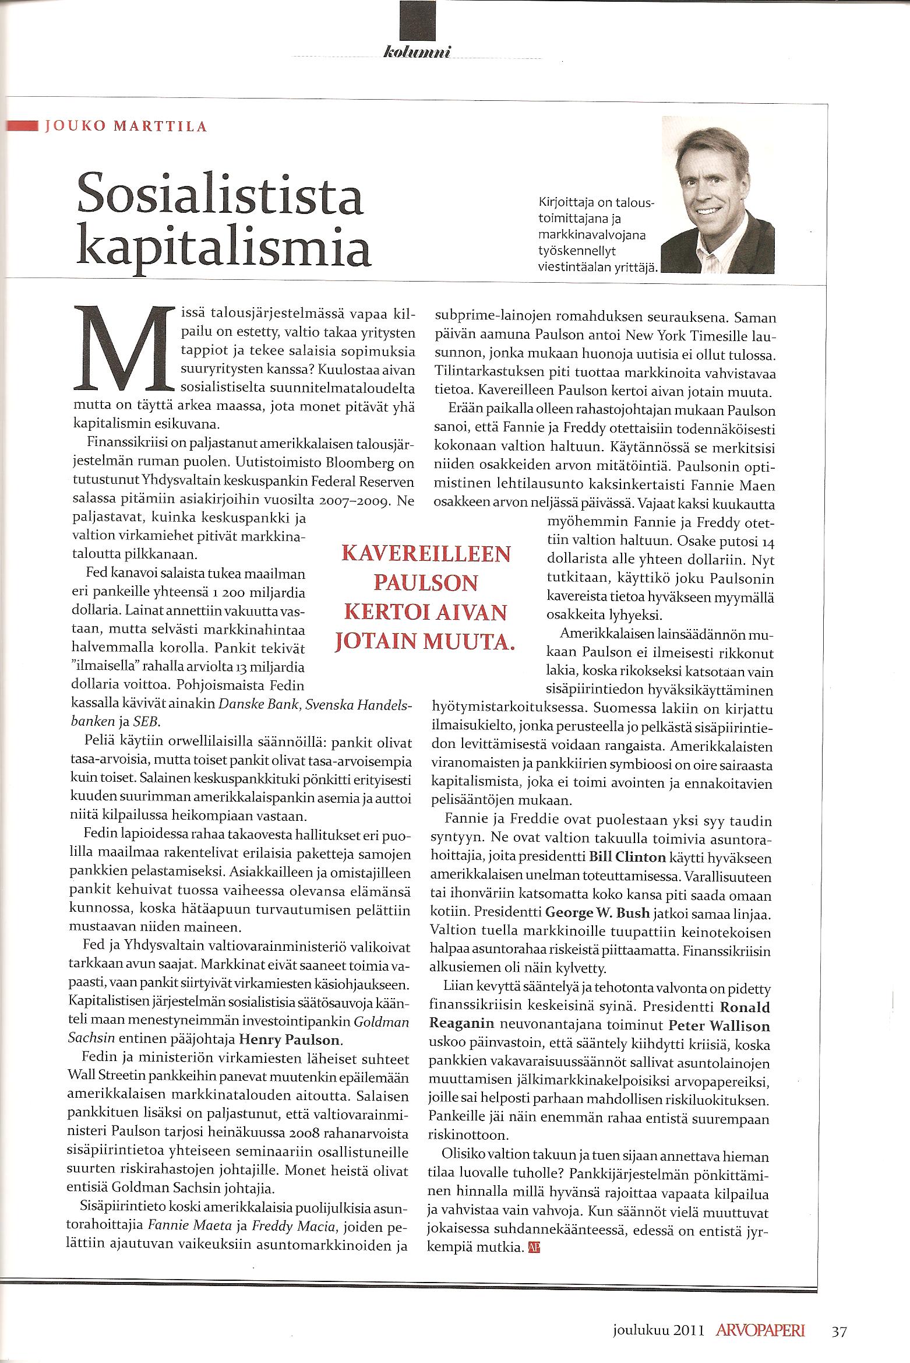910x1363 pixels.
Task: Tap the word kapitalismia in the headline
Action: pyautogui.click(x=224, y=250)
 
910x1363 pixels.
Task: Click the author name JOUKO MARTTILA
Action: pyautogui.click(x=126, y=127)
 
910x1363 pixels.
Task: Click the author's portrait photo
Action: pyautogui.click(x=718, y=195)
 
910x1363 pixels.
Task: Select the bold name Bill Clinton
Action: pyautogui.click(x=627, y=857)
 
